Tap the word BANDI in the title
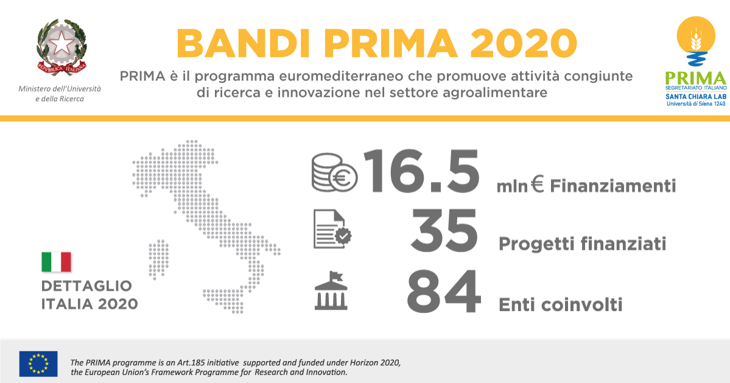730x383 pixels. click(237, 43)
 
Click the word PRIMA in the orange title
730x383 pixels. click(384, 43)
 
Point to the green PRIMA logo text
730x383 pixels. click(695, 78)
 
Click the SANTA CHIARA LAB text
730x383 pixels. click(695, 96)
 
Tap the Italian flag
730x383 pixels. click(57, 262)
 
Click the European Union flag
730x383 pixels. click(38, 364)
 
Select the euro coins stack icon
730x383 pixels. click(334, 173)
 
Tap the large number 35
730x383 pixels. click(444, 230)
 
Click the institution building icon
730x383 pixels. click(331, 290)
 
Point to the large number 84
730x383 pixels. click(443, 291)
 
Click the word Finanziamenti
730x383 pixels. click(612, 186)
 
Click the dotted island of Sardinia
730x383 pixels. click(159, 259)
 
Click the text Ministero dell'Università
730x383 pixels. click(60, 88)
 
